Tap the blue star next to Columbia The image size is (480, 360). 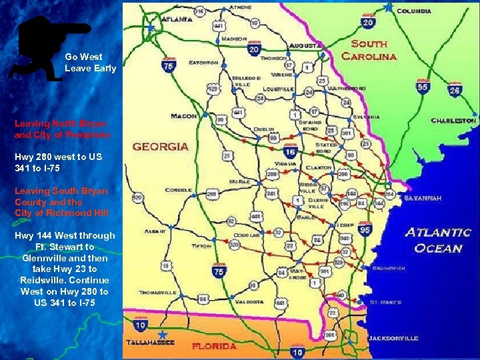(388, 7)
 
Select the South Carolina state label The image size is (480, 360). (369, 50)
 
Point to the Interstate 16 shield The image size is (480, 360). (291, 151)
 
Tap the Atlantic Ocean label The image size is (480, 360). (438, 240)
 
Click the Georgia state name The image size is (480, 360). (160, 146)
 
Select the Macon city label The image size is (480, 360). (183, 116)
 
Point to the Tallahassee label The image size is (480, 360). (151, 343)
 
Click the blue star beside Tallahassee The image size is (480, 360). (163, 333)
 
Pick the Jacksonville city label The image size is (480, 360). (393, 338)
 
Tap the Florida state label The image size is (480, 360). (214, 346)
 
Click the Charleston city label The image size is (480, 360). (453, 121)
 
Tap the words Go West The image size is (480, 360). (83, 57)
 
